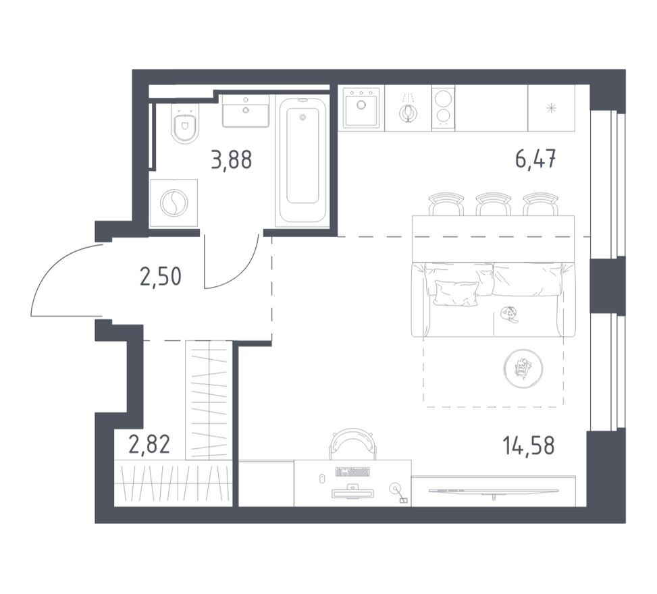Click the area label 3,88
231,160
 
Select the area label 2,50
160,276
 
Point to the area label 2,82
149,446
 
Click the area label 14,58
529,446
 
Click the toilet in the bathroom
184,126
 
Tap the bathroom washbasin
246,111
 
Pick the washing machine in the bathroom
174,203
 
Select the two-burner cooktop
443,107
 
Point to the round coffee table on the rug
523,369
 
